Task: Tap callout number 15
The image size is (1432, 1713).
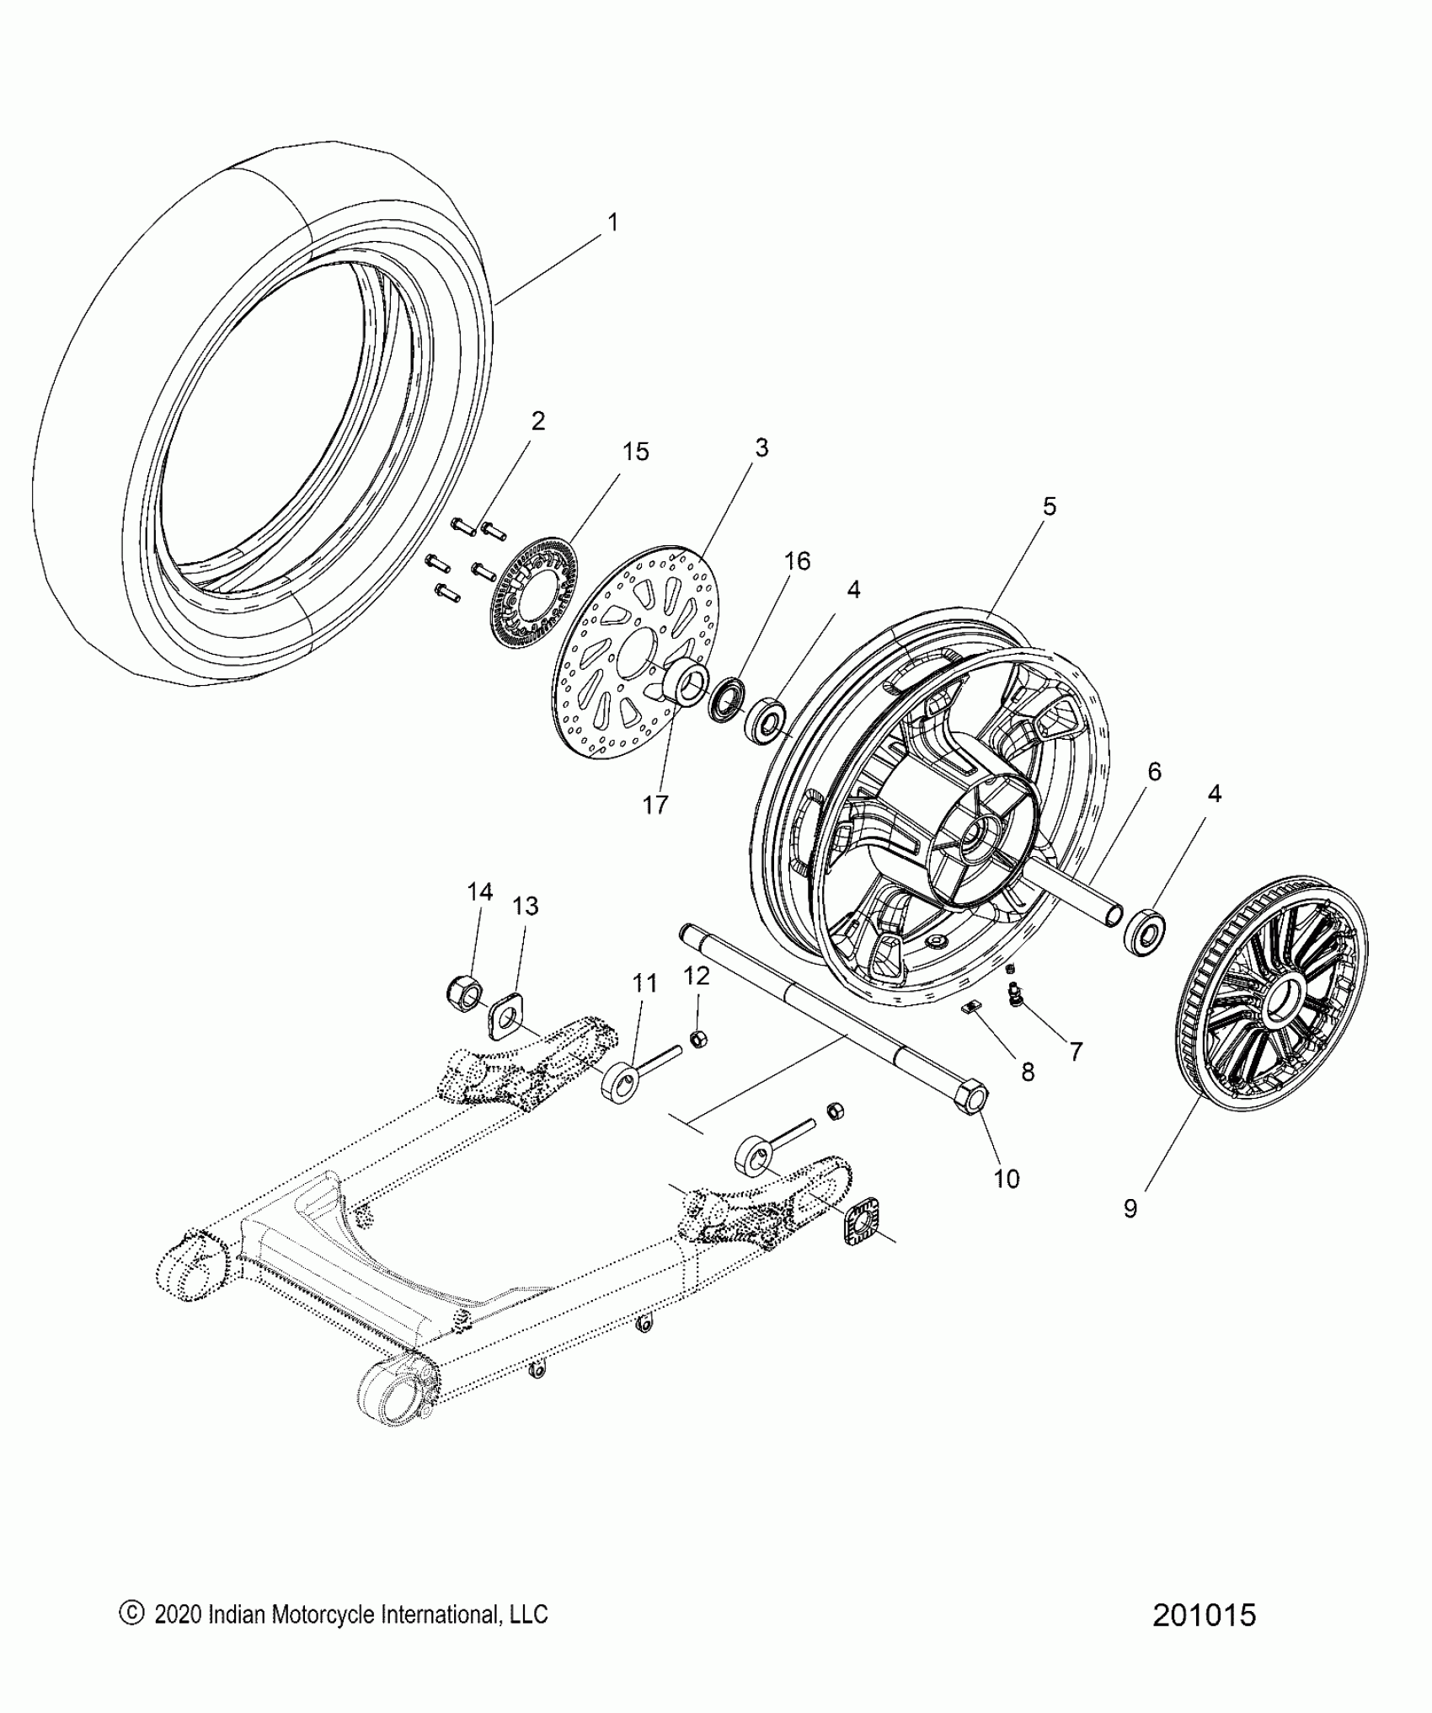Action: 635,452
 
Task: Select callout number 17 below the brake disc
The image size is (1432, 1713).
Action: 655,805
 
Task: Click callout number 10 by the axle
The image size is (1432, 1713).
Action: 1007,1178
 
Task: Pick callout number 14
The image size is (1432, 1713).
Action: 480,891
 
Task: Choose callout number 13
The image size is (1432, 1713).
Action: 525,906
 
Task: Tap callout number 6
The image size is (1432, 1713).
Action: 1154,771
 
